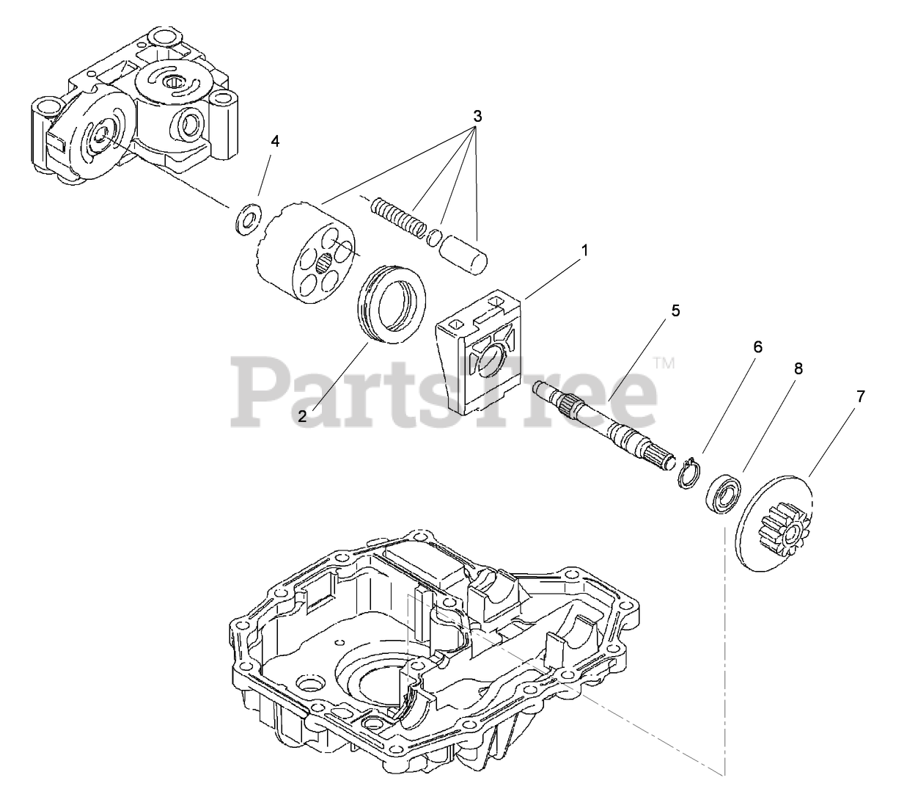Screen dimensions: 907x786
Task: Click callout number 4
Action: (x=275, y=142)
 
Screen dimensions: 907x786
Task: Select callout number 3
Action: (x=477, y=116)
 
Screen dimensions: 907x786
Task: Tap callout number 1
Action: (x=584, y=250)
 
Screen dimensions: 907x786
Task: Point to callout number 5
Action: (x=675, y=310)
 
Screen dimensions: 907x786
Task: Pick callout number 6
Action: (x=757, y=347)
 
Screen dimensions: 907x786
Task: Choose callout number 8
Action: (x=798, y=369)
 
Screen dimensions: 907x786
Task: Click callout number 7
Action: (x=860, y=397)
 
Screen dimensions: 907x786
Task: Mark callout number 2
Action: (x=302, y=416)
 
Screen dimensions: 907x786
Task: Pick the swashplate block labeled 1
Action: (x=480, y=352)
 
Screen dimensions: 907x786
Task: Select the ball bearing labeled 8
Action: (x=724, y=493)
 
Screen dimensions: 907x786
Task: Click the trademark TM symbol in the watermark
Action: (x=664, y=362)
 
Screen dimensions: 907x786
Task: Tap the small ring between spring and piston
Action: (x=435, y=236)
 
